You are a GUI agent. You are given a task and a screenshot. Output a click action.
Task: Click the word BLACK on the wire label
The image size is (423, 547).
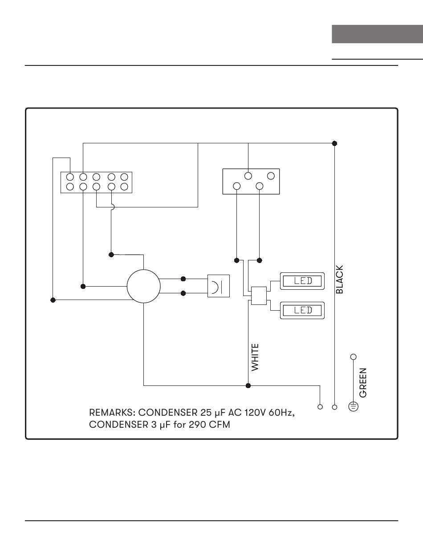340,280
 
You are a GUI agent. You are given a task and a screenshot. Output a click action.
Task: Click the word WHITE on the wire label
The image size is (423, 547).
255,357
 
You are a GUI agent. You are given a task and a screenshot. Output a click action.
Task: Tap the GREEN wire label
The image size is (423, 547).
363,382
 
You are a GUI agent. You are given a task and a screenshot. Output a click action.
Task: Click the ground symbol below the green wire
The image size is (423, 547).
354,406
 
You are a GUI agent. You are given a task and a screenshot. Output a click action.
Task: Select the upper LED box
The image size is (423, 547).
302,281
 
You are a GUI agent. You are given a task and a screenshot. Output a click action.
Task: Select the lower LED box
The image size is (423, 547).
302,310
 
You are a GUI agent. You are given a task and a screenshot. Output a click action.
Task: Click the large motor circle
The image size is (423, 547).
143,286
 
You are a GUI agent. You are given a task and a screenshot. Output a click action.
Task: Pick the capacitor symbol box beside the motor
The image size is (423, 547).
219,286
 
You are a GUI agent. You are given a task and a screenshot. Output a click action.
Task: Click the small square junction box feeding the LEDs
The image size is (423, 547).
259,296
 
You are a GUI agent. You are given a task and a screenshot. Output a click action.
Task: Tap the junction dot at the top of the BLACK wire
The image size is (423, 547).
335,143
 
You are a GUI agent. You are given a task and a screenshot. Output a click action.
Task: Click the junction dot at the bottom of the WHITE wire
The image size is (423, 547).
248,385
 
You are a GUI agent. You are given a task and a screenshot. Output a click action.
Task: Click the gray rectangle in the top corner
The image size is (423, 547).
377,34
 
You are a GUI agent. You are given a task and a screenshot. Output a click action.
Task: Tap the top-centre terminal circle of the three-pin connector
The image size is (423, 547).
248,176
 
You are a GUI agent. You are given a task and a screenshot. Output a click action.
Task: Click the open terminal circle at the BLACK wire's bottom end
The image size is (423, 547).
335,407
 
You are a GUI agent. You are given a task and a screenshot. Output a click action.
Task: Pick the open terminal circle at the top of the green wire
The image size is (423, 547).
354,357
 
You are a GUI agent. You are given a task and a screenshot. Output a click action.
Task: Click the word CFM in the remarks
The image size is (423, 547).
220,425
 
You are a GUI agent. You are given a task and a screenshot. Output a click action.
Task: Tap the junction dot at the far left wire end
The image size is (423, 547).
53,300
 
